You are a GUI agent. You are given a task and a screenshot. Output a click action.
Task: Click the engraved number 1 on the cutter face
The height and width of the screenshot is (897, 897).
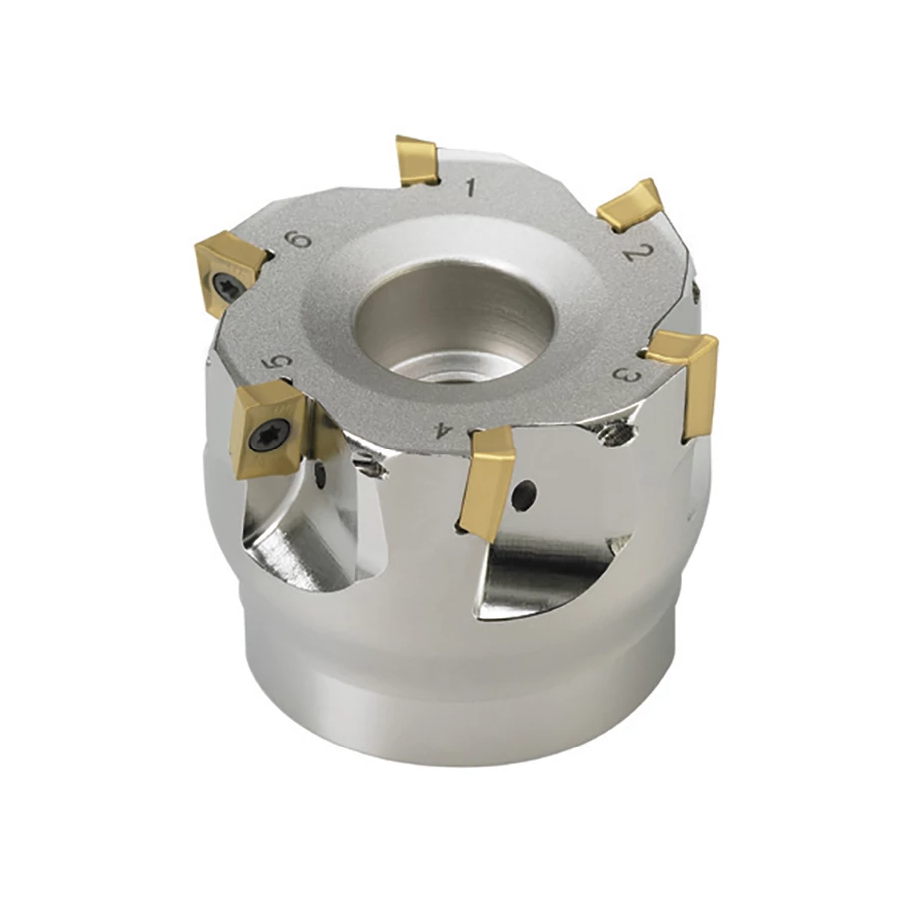[471, 187]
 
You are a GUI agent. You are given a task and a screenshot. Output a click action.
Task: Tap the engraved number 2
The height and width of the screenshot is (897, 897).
[633, 252]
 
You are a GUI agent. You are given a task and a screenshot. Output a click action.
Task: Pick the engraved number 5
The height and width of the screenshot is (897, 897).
[277, 362]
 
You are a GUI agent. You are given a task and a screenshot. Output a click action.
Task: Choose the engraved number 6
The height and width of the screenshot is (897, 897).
[299, 240]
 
